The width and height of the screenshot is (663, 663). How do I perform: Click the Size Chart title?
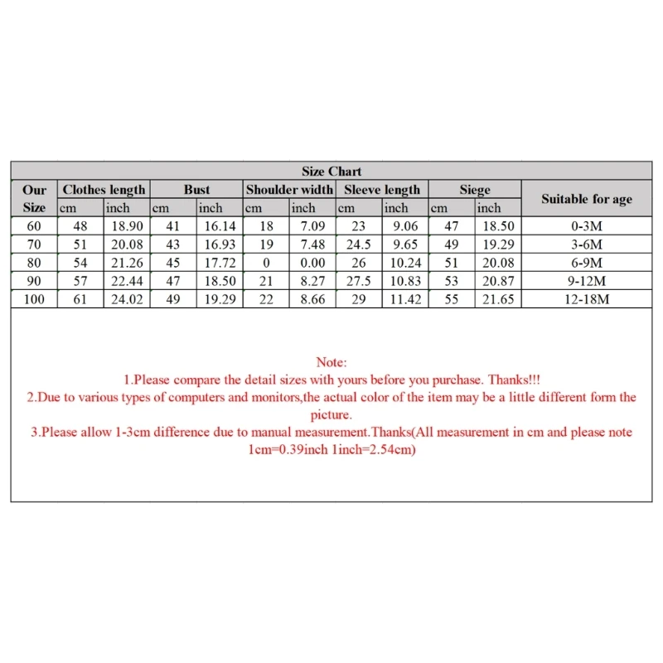pyautogui.click(x=331, y=172)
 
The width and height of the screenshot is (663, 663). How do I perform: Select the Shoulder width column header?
pyautogui.click(x=290, y=190)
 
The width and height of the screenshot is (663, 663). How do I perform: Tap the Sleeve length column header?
pyautogui.click(x=383, y=190)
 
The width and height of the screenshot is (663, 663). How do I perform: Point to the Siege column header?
pyautogui.click(x=475, y=190)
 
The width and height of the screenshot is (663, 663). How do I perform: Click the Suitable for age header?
pyautogui.click(x=587, y=199)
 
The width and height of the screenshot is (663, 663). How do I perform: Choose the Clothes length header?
pyautogui.click(x=104, y=190)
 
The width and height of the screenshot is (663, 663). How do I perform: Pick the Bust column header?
pyautogui.click(x=197, y=190)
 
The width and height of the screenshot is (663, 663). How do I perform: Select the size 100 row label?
pyautogui.click(x=34, y=299)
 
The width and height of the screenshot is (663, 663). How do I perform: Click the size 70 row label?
pyautogui.click(x=34, y=244)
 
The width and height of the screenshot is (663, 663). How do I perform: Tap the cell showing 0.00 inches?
pyautogui.click(x=313, y=263)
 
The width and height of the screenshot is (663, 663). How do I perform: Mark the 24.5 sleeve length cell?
pyautogui.click(x=359, y=244)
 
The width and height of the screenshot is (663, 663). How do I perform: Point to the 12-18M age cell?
pyautogui.click(x=587, y=299)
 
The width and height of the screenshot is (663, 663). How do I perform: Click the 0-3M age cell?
pyautogui.click(x=587, y=226)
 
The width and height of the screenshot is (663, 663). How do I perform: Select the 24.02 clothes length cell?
pyautogui.click(x=127, y=299)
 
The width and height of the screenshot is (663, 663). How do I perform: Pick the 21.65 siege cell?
pyautogui.click(x=499, y=299)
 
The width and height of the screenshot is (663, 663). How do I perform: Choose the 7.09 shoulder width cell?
pyautogui.click(x=313, y=226)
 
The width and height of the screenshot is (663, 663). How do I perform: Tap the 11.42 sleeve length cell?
pyautogui.click(x=406, y=299)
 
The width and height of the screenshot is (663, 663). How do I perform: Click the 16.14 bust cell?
pyautogui.click(x=220, y=226)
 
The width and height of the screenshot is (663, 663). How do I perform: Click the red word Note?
pyautogui.click(x=331, y=362)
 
